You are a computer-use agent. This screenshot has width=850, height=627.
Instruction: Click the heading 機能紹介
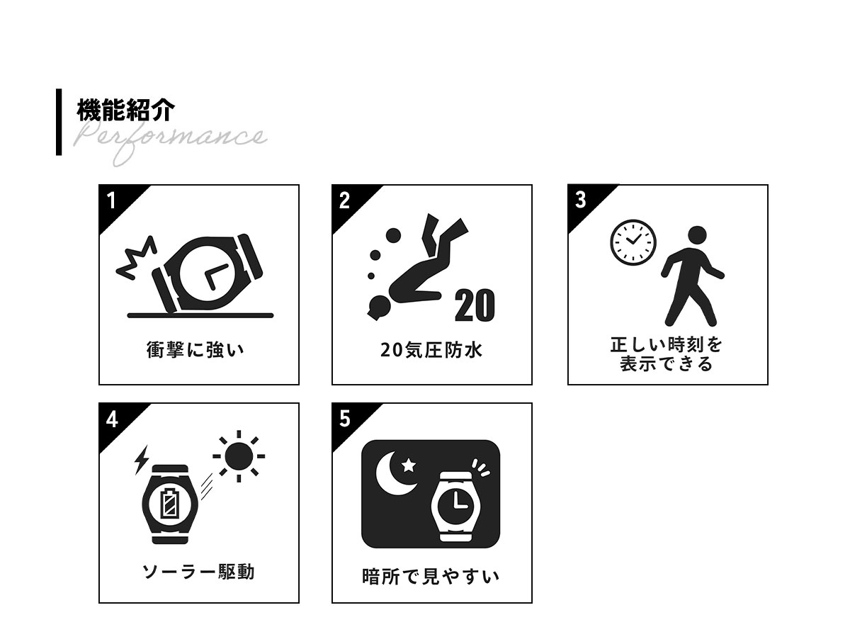click(x=126, y=110)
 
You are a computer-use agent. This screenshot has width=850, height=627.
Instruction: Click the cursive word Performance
click(x=169, y=141)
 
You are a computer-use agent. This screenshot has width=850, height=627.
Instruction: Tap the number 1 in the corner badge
click(x=111, y=200)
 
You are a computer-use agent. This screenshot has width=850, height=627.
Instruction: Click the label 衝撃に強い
click(x=195, y=349)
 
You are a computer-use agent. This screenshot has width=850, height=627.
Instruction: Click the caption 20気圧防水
click(x=431, y=350)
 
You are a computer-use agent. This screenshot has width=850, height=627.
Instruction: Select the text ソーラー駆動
click(x=198, y=572)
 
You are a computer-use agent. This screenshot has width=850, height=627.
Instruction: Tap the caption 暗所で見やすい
click(x=431, y=577)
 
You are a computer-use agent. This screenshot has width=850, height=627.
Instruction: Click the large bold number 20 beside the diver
click(x=475, y=305)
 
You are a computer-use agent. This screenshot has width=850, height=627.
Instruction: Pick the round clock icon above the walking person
click(x=633, y=242)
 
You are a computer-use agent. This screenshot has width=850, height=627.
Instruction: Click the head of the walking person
click(x=697, y=236)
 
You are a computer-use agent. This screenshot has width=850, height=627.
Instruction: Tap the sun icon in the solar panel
click(x=239, y=456)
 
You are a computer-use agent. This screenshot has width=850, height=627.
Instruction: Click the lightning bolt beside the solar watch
click(x=142, y=460)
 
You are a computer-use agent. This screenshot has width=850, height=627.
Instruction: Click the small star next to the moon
click(x=409, y=465)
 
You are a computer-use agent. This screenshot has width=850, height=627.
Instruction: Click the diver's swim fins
click(x=444, y=232)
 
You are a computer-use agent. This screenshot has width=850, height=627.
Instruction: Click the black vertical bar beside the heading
click(x=59, y=122)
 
